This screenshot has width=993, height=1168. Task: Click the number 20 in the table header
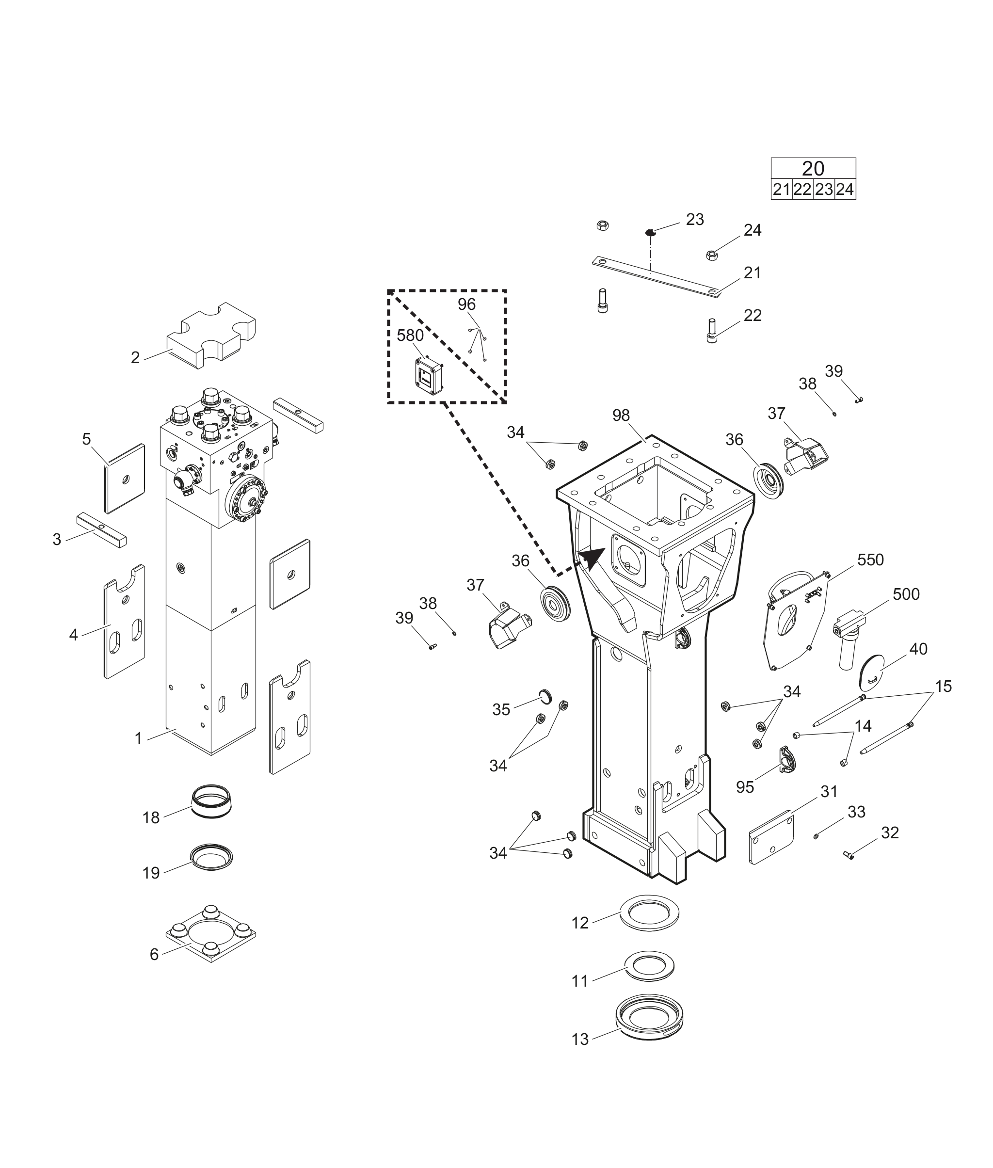pyautogui.click(x=813, y=168)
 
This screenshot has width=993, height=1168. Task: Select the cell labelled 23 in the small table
pyautogui.click(x=824, y=190)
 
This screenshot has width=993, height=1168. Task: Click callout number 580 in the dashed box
pyautogui.click(x=410, y=336)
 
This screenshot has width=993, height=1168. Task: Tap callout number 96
pyautogui.click(x=466, y=304)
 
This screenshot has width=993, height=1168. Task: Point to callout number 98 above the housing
pyautogui.click(x=621, y=415)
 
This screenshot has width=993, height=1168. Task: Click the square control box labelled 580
pyautogui.click(x=430, y=375)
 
